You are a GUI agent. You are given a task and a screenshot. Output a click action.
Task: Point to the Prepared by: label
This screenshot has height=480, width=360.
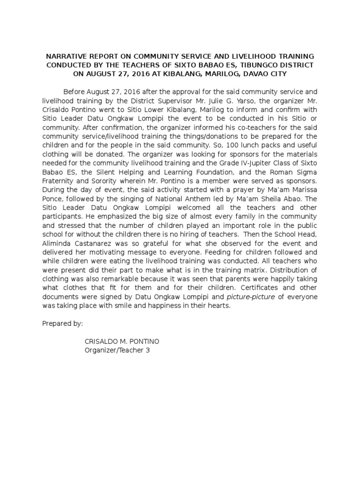coord(62,323)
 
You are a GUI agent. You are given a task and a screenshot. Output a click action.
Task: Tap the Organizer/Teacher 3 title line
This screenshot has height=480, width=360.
coord(117,350)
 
